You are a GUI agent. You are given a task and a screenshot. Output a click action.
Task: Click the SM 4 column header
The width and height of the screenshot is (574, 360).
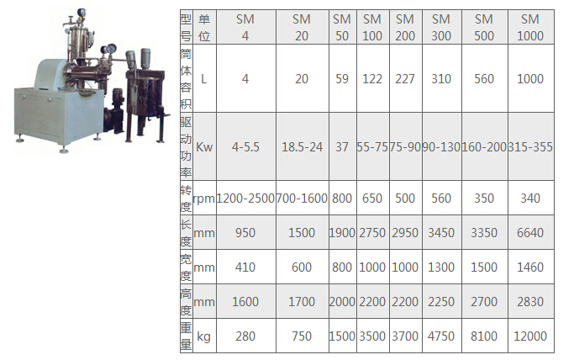click(245, 28)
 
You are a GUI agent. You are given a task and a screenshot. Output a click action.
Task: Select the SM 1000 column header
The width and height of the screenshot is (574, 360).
click(530, 28)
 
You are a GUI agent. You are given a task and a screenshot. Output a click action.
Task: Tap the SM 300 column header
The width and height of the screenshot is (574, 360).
click(441, 28)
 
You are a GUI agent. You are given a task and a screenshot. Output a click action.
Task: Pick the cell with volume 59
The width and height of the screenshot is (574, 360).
click(342, 79)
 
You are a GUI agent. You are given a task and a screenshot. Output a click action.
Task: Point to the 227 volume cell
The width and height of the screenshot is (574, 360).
click(405, 79)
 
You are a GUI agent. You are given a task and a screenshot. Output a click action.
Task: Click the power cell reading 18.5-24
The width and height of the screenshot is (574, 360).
click(302, 147)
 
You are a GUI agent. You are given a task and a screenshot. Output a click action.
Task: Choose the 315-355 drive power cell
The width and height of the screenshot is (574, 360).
click(530, 147)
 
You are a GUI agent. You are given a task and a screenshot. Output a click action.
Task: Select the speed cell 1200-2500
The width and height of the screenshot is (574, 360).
click(245, 199)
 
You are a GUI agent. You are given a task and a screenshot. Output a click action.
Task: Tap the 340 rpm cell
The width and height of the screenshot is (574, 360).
click(530, 199)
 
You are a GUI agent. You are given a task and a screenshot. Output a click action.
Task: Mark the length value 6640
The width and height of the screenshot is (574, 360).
click(530, 232)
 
